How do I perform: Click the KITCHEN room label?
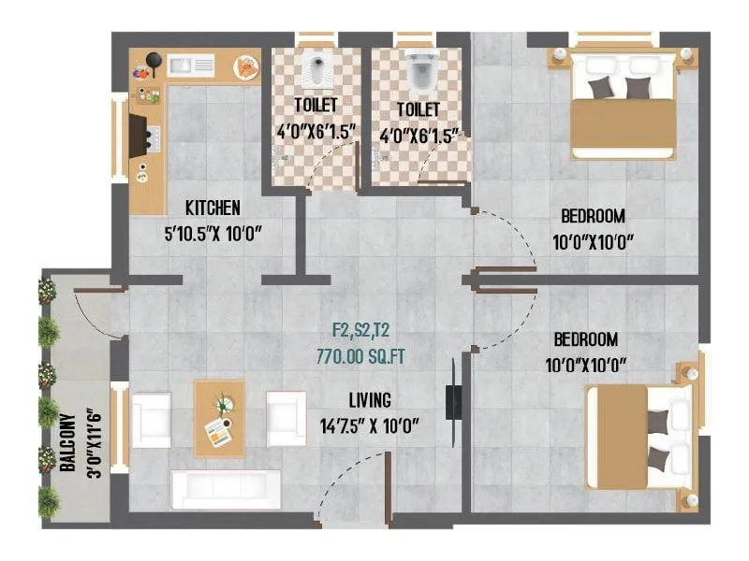click(x=213, y=208)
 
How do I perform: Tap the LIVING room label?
click(x=370, y=401)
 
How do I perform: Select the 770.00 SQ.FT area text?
click(x=367, y=355)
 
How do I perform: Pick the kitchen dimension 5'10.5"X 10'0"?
click(x=218, y=233)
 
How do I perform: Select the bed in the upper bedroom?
click(x=623, y=105)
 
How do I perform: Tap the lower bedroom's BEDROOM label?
click(x=586, y=338)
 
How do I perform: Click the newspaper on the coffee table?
click(x=218, y=432)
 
